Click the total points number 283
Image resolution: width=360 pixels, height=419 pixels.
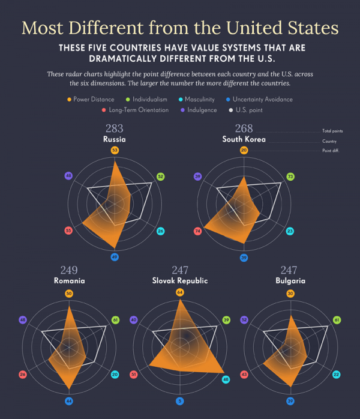coord(114,128)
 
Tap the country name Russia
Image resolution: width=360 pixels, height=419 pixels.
coord(114,139)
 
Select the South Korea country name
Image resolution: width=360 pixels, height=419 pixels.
coord(244,139)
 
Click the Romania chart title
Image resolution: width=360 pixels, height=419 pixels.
coord(69,281)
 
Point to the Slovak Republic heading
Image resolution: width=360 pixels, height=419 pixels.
coord(179,281)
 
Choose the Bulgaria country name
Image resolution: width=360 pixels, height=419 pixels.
coord(290,281)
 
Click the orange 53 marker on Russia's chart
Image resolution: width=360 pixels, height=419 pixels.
coord(115,149)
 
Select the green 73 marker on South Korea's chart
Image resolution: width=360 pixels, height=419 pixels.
coord(290,176)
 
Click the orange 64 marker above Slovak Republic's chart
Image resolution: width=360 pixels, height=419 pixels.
coord(179,292)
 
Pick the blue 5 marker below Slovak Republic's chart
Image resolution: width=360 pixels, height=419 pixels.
coord(179,401)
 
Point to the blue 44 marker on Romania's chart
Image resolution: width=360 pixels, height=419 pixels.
coord(69,401)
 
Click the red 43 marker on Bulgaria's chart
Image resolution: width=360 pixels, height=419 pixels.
coord(244,374)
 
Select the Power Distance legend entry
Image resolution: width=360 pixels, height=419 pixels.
coord(91,99)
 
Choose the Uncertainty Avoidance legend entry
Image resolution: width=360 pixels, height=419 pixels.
coord(258,99)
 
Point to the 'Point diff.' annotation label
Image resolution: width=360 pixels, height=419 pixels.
coord(331,150)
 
